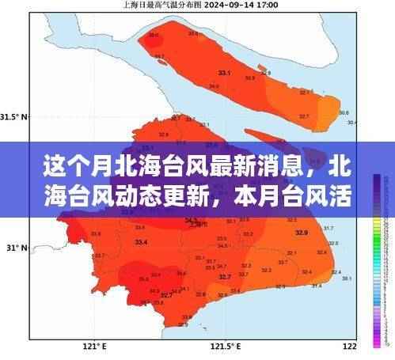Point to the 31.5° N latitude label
point(13,117)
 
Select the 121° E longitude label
point(94,347)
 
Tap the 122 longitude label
point(349,347)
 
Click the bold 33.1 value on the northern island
point(224,73)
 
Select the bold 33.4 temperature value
point(141,240)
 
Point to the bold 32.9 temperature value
point(302,232)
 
